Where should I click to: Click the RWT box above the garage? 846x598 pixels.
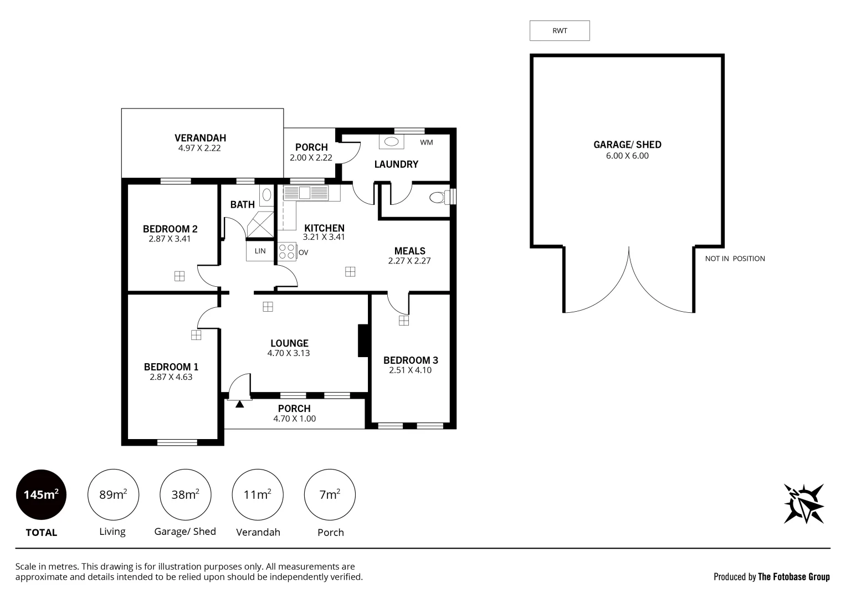coord(560,30)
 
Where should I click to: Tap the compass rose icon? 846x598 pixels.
coord(803,503)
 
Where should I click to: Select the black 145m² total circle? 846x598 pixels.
coord(41,494)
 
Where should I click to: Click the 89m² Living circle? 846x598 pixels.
coord(113,494)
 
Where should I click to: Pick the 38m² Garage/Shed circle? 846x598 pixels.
coord(185,494)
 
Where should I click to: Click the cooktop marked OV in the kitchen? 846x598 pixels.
coord(287,252)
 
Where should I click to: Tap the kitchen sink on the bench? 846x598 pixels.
coord(305,193)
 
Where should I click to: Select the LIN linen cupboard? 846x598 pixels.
coord(260,251)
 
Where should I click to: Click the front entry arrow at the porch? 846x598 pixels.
coord(239,404)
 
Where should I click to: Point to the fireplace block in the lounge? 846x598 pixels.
coord(363,340)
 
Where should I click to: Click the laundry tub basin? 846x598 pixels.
coord(392,142)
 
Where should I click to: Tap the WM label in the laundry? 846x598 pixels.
coord(426,142)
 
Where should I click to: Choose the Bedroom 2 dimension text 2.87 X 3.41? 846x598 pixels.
coord(170,239)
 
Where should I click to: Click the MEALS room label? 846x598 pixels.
coord(409,251)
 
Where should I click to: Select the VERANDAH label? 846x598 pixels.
coord(200,138)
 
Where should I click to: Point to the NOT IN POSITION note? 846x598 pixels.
coord(735,259)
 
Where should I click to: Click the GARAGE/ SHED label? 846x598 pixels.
coord(627,145)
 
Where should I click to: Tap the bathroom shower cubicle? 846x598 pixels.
coord(260,224)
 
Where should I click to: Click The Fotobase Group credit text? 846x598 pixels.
coord(793,577)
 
